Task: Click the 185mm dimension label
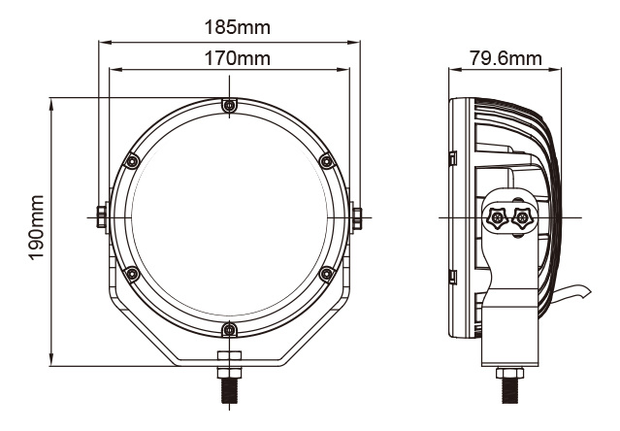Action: pos(238,28)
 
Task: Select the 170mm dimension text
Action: pos(238,58)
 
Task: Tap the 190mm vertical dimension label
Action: pos(36,228)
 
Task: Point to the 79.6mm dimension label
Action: pos(506,58)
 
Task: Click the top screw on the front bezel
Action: pos(229,106)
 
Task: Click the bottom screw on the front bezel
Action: pos(229,329)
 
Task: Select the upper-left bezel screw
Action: pos(132,161)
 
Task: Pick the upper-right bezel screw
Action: pos(327,161)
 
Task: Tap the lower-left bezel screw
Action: pos(132,274)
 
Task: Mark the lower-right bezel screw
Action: pos(327,274)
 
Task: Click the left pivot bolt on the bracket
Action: pos(102,217)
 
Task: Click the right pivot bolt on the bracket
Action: pos(357,217)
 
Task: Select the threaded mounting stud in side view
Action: pos(510,390)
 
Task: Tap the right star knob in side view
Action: pos(522,217)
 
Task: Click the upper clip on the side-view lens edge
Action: pos(453,158)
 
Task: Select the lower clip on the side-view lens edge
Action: pos(453,278)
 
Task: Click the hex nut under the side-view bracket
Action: pos(510,373)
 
